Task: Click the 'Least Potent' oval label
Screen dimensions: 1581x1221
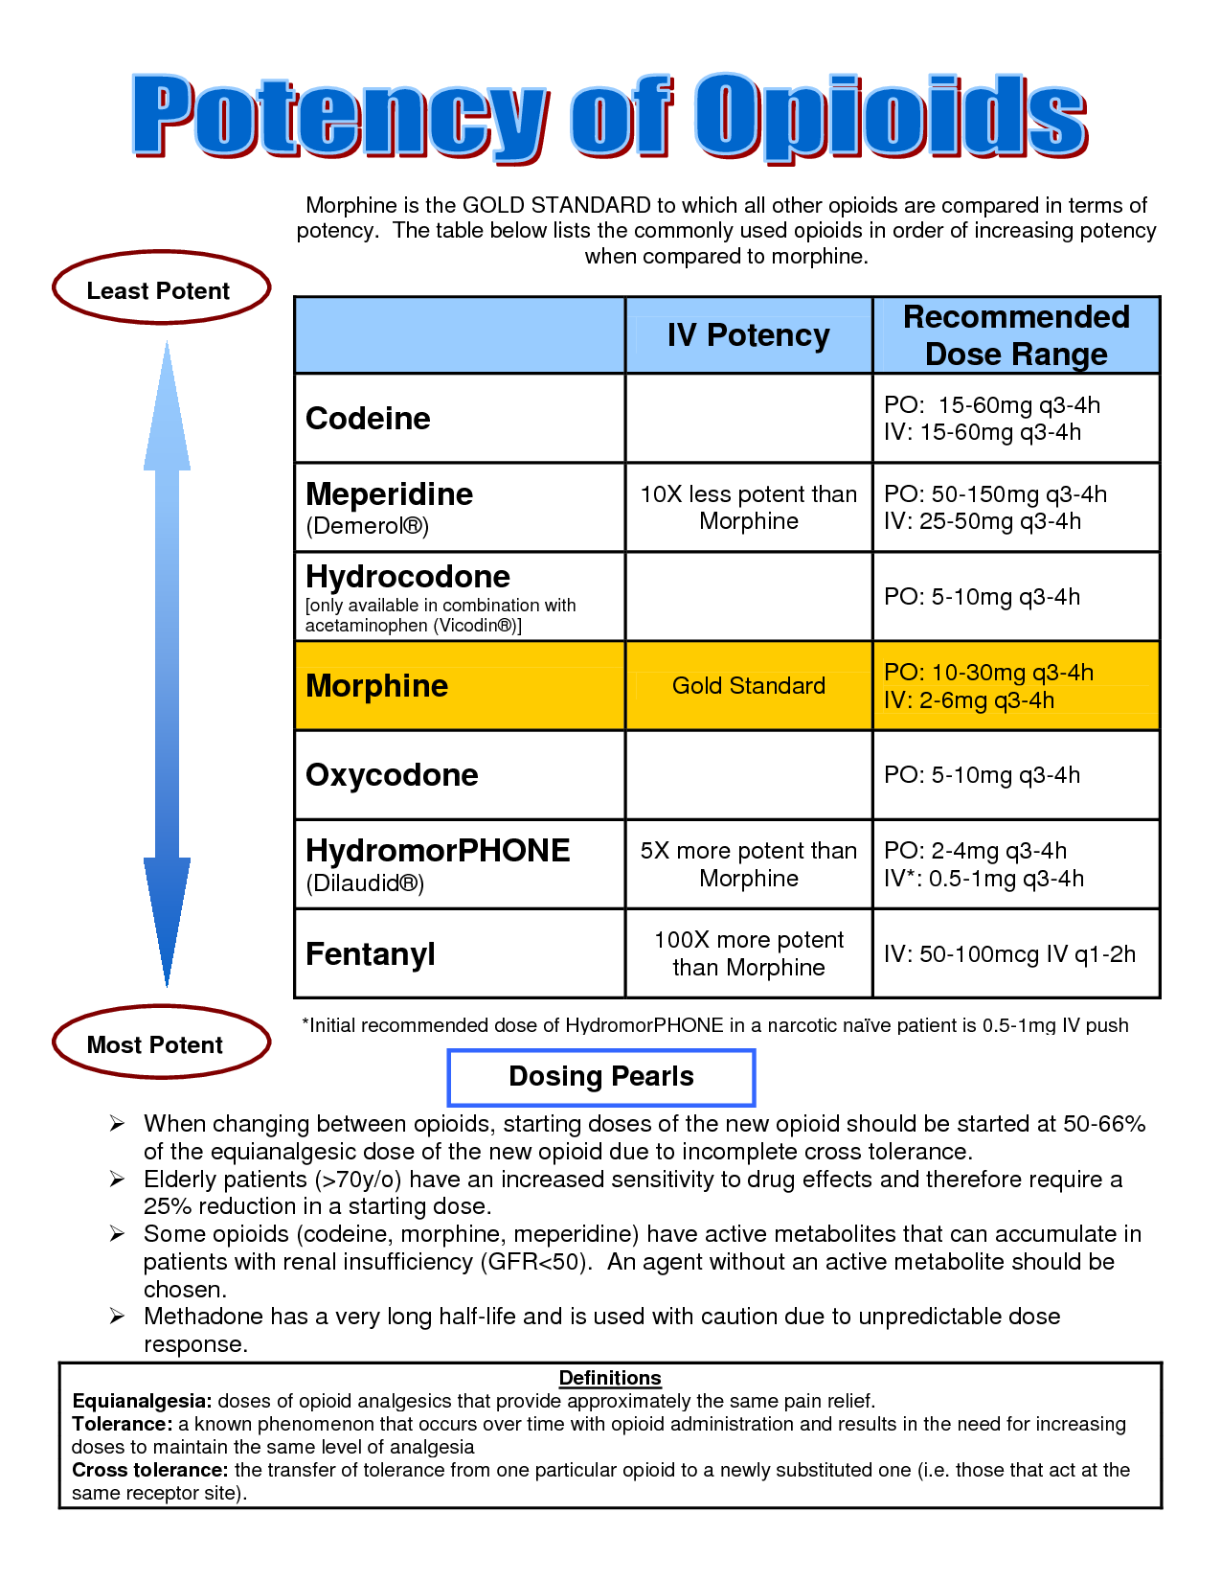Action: [x=159, y=289]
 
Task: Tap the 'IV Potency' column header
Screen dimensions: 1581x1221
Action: [x=748, y=335]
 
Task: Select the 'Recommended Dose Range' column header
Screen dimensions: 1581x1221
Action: [x=1016, y=335]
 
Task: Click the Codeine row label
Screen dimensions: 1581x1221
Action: [x=368, y=419]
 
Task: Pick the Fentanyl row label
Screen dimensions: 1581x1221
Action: [x=371, y=954]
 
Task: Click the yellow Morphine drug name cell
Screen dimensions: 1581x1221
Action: [x=376, y=686]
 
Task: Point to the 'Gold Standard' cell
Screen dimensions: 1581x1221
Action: [x=748, y=686]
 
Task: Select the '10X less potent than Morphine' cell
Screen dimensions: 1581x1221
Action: [x=748, y=508]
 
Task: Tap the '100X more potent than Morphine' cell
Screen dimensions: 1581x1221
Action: [x=748, y=953]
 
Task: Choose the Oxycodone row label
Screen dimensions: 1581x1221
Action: [x=392, y=775]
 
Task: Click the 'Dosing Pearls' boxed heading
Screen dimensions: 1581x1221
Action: [x=601, y=1077]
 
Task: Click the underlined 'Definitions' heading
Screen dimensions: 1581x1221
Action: [x=610, y=1378]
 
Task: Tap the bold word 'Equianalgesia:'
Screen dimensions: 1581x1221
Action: [x=142, y=1401]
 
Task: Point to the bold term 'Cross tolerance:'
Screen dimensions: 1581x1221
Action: [x=150, y=1470]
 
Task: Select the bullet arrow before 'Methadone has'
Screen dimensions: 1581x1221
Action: [x=117, y=1317]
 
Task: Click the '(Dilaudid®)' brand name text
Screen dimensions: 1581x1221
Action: [x=365, y=883]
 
